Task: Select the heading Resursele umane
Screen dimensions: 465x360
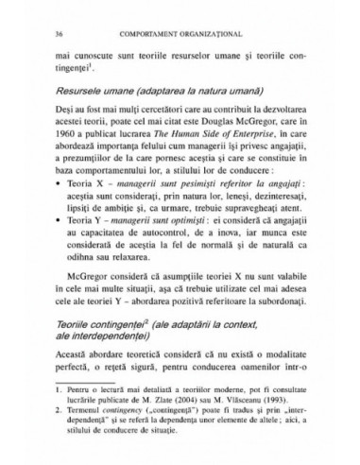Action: coord(90,95)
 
